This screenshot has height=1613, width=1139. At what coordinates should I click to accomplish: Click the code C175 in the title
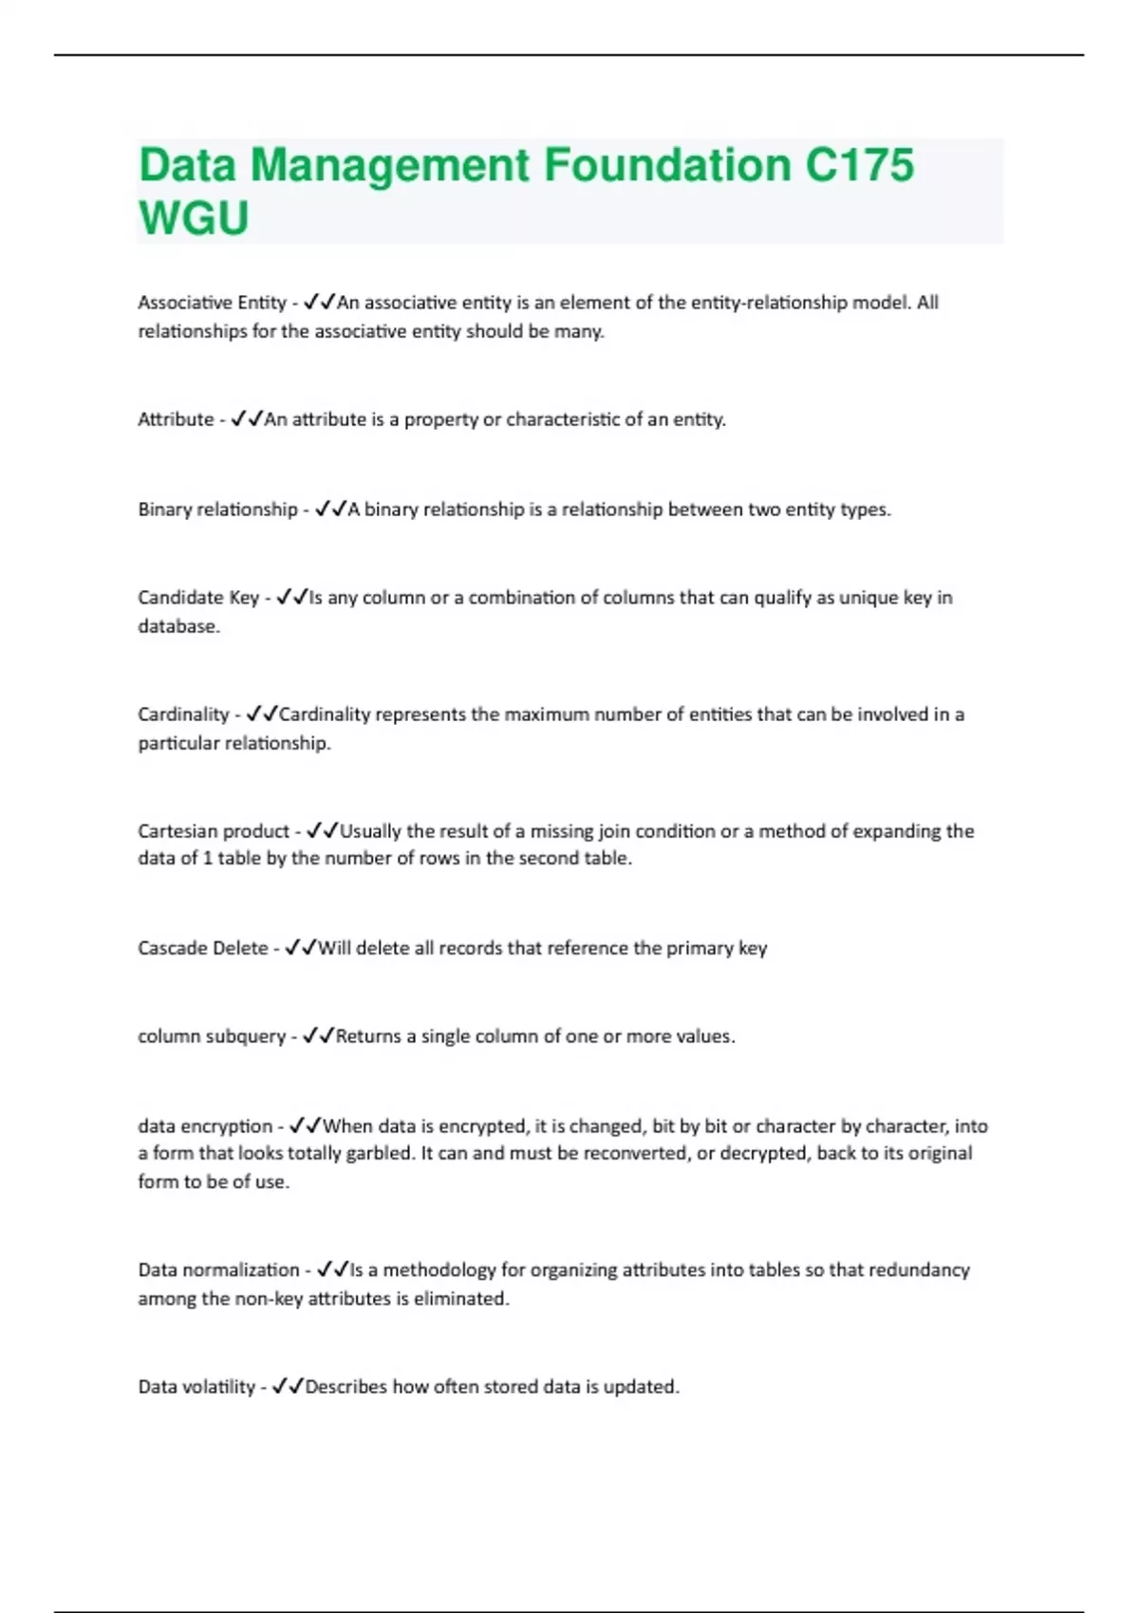click(x=859, y=165)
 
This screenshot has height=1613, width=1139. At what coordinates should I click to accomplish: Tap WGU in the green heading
click(x=194, y=218)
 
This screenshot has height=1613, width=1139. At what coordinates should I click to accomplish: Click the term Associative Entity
click(x=212, y=303)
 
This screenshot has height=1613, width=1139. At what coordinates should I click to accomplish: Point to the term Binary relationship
click(x=217, y=510)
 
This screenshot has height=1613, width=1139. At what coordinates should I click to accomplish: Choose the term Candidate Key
click(x=198, y=598)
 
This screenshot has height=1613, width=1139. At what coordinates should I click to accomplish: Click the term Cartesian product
click(x=214, y=831)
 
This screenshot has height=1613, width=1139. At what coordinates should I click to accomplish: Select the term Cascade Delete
click(x=203, y=948)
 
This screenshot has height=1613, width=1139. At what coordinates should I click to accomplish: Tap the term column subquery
click(x=212, y=1036)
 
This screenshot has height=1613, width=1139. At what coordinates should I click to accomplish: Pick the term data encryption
click(x=205, y=1126)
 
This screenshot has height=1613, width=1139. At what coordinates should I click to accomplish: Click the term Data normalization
click(x=218, y=1270)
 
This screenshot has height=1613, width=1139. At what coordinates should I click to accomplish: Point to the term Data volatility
click(x=196, y=1387)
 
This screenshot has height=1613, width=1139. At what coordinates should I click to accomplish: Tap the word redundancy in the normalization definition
click(x=924, y=1270)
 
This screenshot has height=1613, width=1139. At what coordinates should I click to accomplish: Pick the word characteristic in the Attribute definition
click(x=562, y=419)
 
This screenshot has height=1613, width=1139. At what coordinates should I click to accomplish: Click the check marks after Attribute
click(x=246, y=419)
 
